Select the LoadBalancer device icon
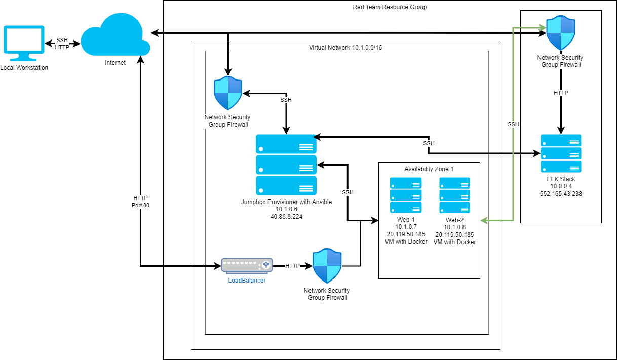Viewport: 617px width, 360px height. pyautogui.click(x=247, y=265)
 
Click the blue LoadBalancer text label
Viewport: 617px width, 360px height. pyautogui.click(x=247, y=280)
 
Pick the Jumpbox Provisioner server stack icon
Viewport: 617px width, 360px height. pyautogui.click(x=286, y=165)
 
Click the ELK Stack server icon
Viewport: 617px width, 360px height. pyautogui.click(x=560, y=153)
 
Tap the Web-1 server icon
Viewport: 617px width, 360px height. pyautogui.click(x=405, y=195)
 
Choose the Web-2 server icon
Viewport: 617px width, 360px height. pyautogui.click(x=454, y=195)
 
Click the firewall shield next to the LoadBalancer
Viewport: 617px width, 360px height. pyautogui.click(x=327, y=266)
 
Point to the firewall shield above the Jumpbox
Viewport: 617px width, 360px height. pyautogui.click(x=228, y=94)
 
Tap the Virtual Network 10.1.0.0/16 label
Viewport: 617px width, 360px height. pyautogui.click(x=345, y=47)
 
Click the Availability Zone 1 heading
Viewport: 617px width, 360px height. pyautogui.click(x=429, y=169)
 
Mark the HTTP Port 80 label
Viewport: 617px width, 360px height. pyautogui.click(x=141, y=202)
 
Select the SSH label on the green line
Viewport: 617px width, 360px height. pyautogui.click(x=513, y=124)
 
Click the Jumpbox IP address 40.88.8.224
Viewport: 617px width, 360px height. pyautogui.click(x=286, y=216)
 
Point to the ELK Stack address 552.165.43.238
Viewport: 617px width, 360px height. pyautogui.click(x=560, y=193)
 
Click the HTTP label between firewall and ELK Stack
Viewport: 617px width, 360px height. pyautogui.click(x=560, y=93)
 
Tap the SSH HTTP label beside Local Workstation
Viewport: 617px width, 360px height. pyautogui.click(x=62, y=44)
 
